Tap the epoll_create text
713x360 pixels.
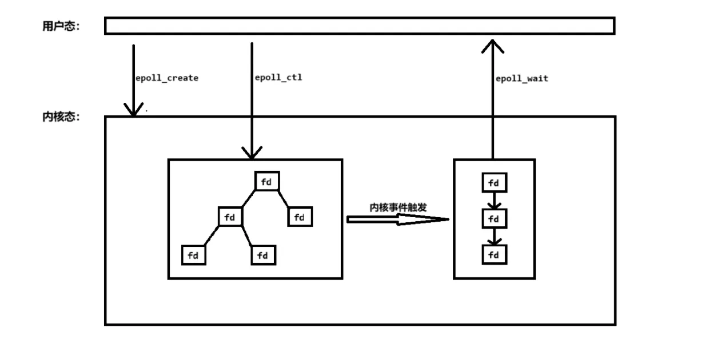166,78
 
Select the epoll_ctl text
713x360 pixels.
278,77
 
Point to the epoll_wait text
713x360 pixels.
521,78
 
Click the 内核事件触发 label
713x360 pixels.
398,207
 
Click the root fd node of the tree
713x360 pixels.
267,182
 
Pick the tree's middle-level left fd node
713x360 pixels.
230,217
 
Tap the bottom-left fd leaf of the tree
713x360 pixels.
193,255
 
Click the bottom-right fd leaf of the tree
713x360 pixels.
263,255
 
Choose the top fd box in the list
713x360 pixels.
494,183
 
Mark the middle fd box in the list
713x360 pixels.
494,218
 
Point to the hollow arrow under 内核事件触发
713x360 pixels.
398,219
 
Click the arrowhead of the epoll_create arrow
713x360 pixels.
134,110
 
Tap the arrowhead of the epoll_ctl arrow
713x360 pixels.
252,153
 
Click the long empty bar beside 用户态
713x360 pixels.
359,26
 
